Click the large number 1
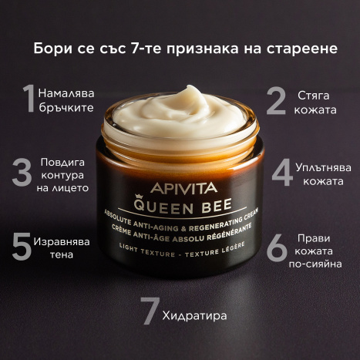click(29, 99)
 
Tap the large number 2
click(277, 101)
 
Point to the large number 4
click(283, 173)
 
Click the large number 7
click(149, 311)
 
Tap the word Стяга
click(318, 96)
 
